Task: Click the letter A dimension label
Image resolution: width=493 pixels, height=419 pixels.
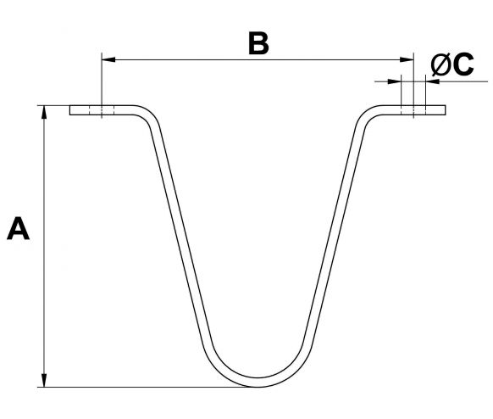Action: coord(19,228)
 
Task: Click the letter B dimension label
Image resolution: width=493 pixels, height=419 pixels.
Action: coord(258,42)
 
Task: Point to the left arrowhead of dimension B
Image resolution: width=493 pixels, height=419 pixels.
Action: coord(108,59)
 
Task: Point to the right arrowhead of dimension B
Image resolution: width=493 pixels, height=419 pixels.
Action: coord(407,59)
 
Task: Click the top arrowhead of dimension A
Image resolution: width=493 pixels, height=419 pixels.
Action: coord(44,113)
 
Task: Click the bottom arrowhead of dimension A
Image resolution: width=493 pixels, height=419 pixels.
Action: coord(44,380)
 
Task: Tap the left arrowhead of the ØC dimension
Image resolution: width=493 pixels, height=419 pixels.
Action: coord(395,81)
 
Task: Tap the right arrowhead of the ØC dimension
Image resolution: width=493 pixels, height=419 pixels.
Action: coord(432,81)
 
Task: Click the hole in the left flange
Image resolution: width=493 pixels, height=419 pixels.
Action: coord(102,110)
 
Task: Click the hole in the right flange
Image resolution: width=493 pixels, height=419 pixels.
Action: coord(413,110)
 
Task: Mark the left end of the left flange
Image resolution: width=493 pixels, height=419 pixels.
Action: coord(69,110)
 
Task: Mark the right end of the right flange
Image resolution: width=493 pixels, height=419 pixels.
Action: coord(446,110)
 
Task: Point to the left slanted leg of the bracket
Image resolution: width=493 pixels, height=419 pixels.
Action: coord(181,233)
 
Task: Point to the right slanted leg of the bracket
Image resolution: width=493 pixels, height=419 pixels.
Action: coord(334,233)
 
